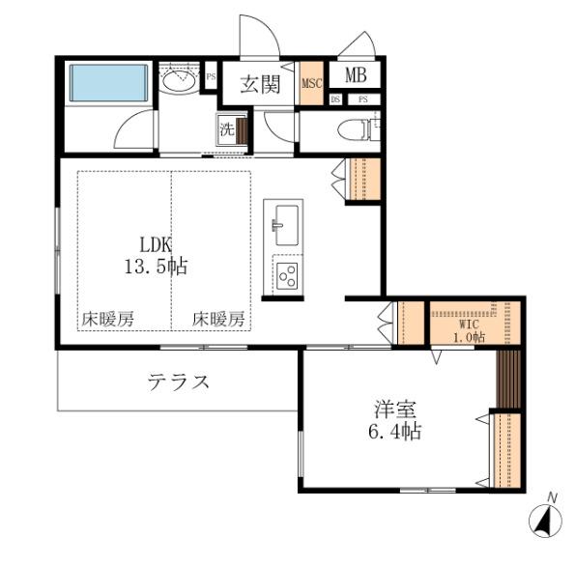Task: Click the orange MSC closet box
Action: pos(311,84)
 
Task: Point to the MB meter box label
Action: pos(355,75)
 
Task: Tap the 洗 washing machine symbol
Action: pos(226,126)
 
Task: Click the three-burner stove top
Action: pos(287,276)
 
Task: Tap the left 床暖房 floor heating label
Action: pos(106,320)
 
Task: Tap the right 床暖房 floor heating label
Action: pos(217,320)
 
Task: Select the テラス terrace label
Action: pos(179,381)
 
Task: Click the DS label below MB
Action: pos(335,99)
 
